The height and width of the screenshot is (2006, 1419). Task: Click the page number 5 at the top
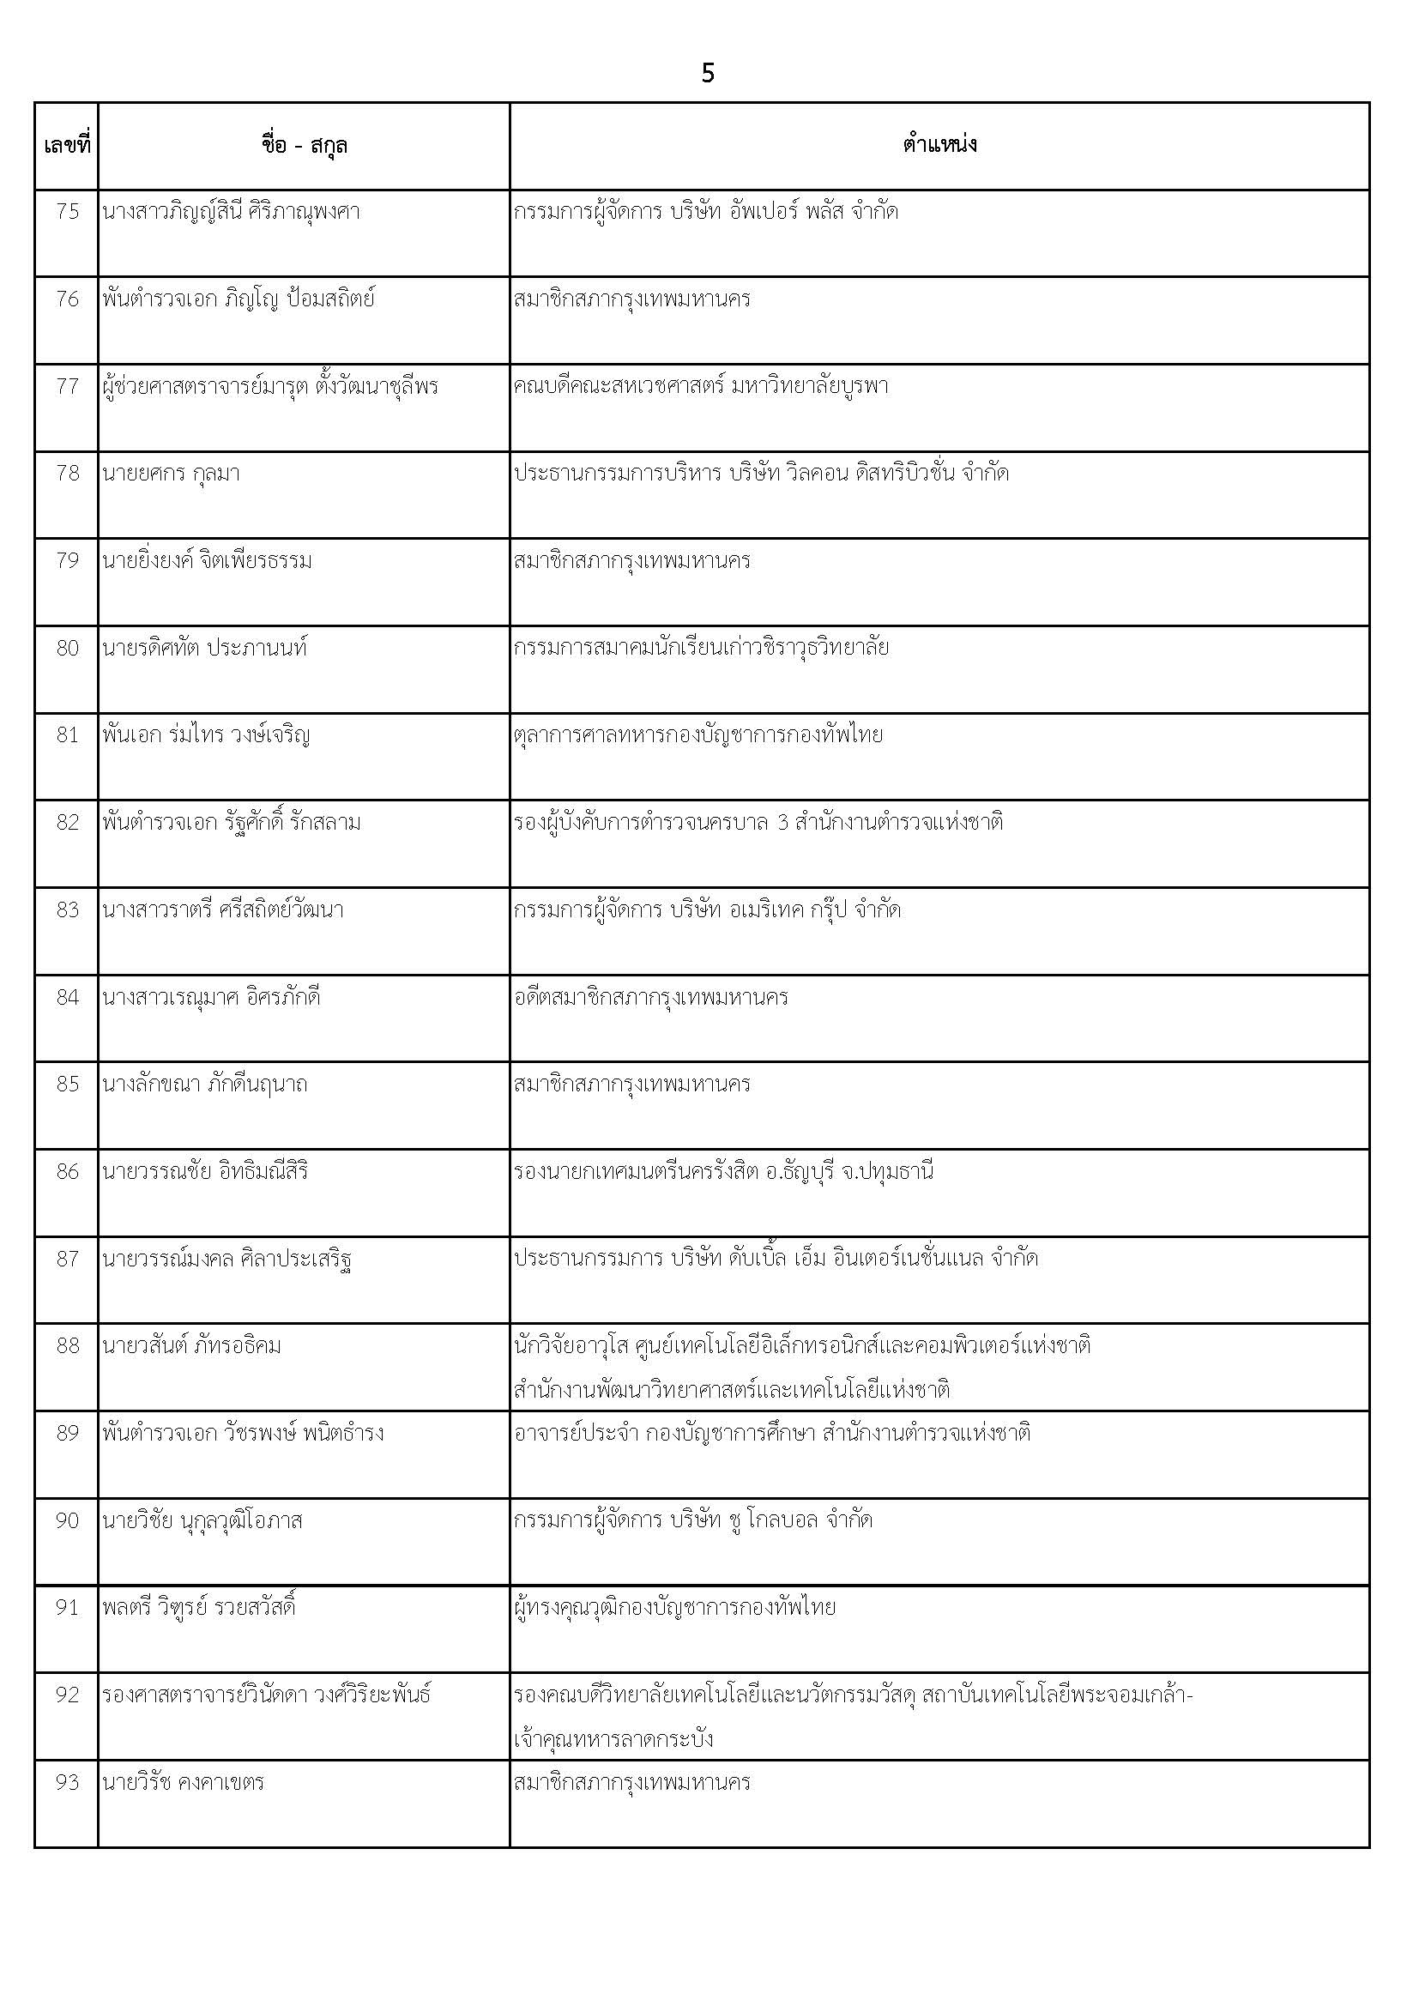tap(708, 74)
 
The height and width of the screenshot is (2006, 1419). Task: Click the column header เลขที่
tap(66, 145)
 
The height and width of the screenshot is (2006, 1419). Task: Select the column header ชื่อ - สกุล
tap(304, 145)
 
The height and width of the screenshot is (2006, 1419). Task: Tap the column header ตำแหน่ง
tap(939, 145)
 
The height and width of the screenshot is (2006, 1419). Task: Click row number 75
tap(67, 212)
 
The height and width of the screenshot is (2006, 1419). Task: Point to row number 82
tap(67, 823)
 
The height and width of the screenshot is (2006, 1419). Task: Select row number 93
tap(67, 1782)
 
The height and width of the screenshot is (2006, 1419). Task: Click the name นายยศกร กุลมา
tap(172, 474)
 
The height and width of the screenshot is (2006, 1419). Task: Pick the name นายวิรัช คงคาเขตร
tap(183, 1782)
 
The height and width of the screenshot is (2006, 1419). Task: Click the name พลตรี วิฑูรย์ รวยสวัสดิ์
tap(198, 1608)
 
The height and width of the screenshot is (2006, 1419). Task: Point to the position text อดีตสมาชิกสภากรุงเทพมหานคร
tap(651, 998)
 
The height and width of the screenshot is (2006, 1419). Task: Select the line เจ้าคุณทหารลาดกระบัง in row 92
tap(613, 1738)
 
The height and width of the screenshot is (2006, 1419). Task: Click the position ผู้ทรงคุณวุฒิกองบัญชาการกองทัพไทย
tap(674, 1608)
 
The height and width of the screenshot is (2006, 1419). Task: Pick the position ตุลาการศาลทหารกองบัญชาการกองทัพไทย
tap(698, 735)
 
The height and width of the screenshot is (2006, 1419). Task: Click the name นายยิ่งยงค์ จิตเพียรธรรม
tap(207, 561)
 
